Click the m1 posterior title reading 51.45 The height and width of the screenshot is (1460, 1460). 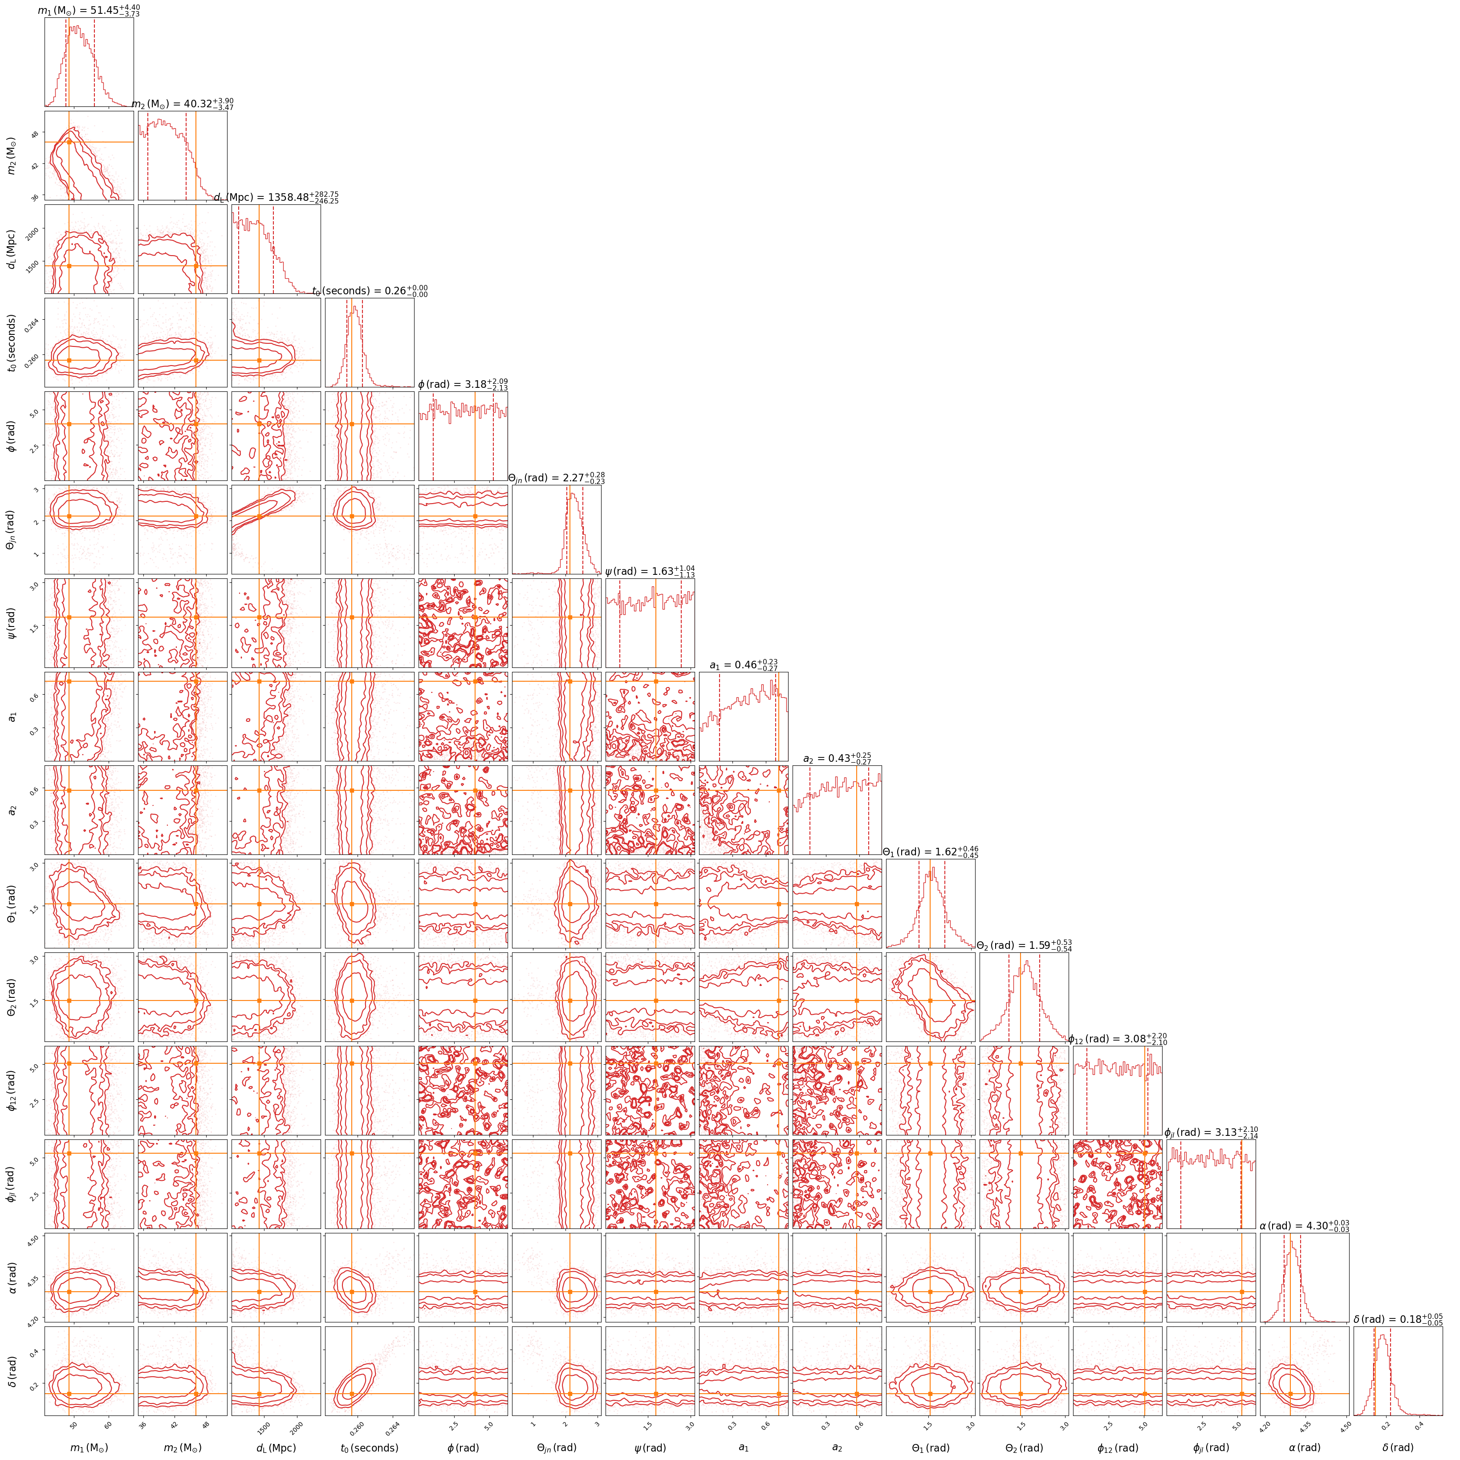[x=89, y=11]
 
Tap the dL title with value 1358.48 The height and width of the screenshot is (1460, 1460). [x=277, y=198]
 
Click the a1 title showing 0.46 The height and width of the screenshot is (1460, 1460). [x=744, y=666]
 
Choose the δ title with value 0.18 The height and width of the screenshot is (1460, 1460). [x=1398, y=1319]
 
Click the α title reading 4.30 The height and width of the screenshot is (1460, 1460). [x=1304, y=1226]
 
